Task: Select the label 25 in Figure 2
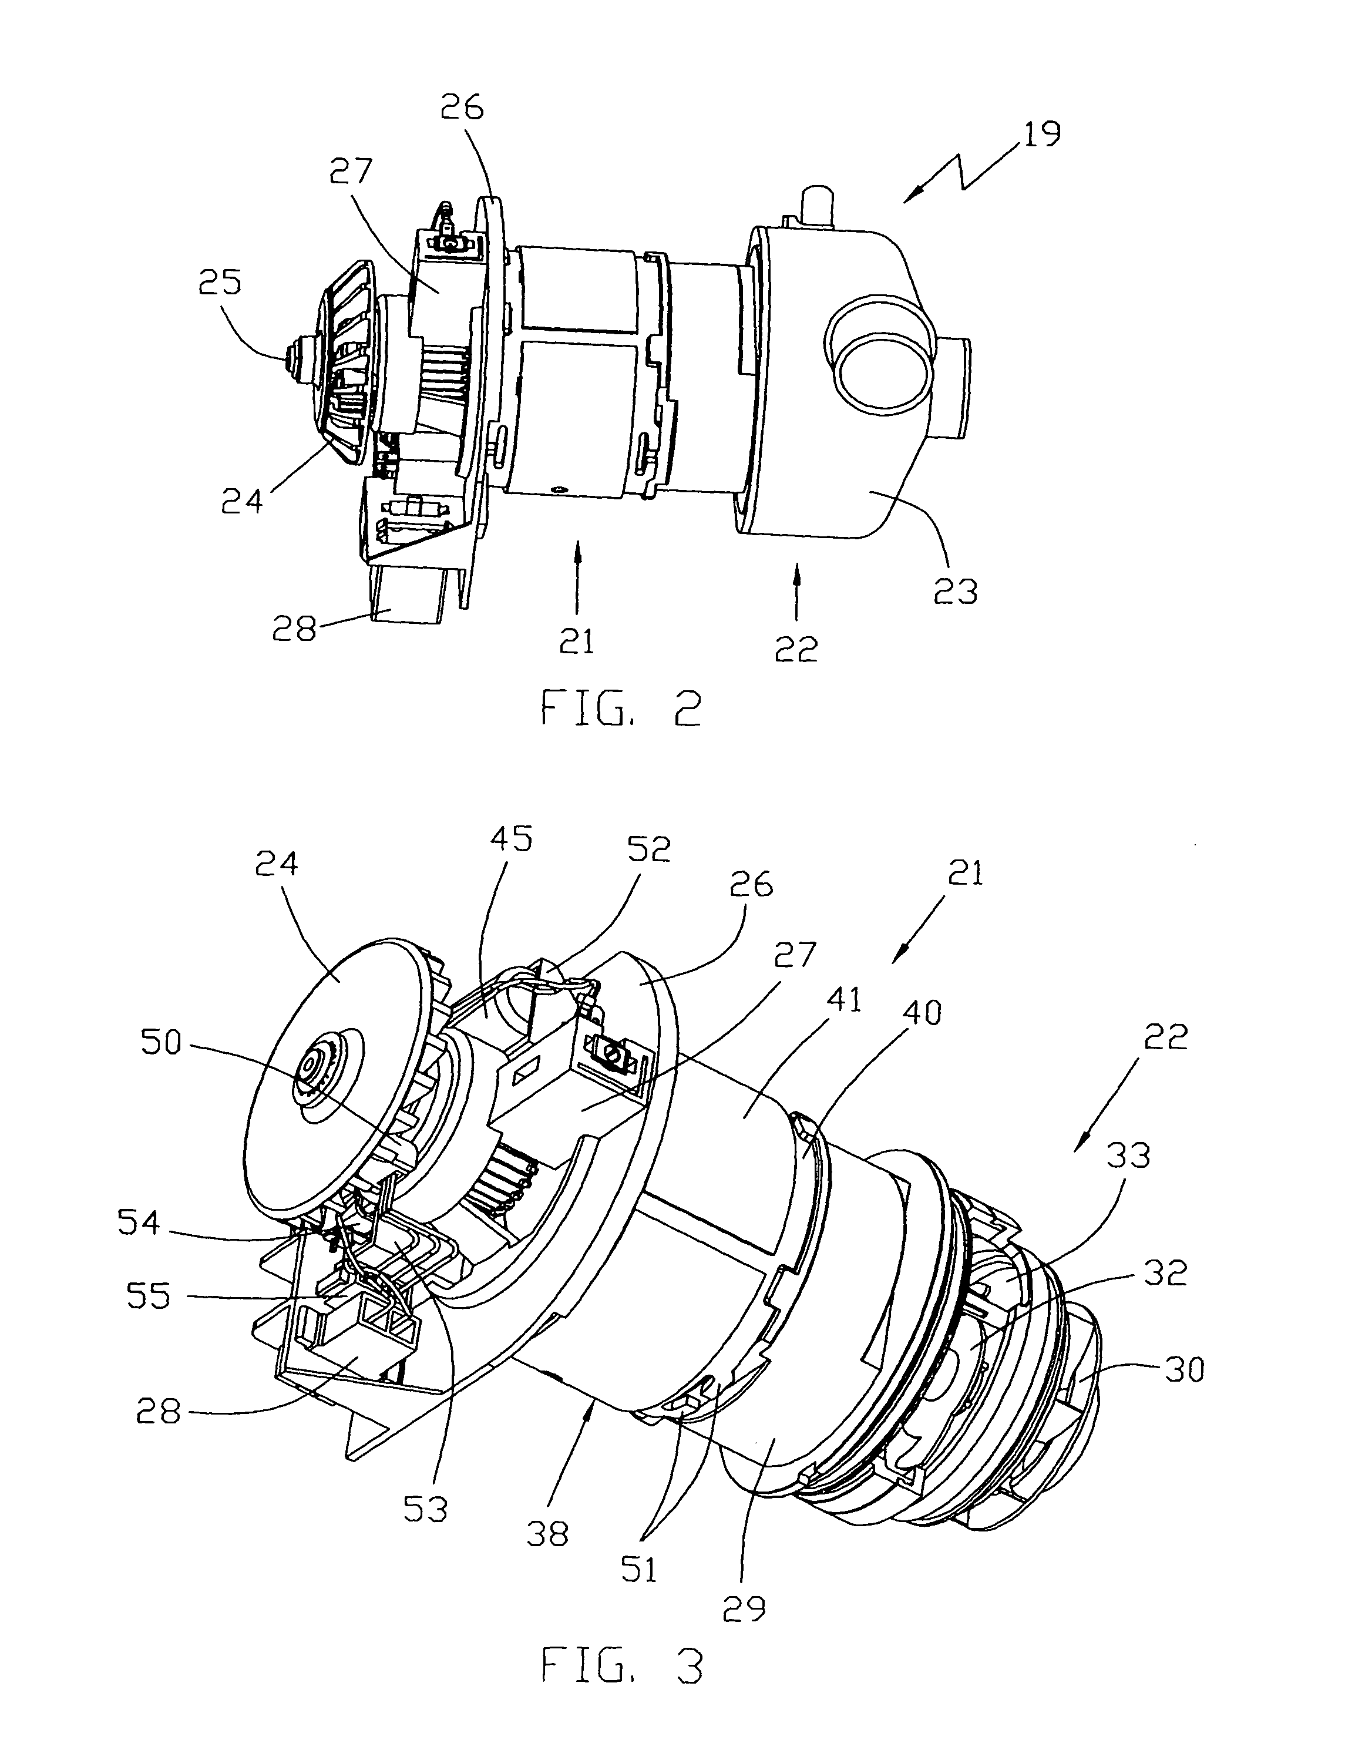pyautogui.click(x=220, y=283)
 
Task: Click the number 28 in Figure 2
pyautogui.click(x=294, y=630)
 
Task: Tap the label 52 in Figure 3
pyautogui.click(x=648, y=850)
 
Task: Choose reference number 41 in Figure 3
pyautogui.click(x=840, y=1000)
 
